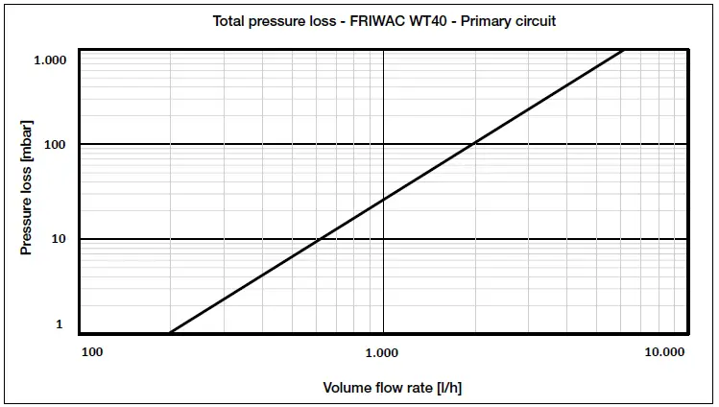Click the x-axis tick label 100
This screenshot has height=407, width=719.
92,352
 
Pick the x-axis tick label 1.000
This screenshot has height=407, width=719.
381,352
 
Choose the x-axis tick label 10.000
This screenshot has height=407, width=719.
664,352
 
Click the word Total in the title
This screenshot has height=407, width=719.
228,21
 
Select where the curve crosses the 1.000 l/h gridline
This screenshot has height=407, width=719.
383,200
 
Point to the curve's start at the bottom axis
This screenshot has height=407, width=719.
171,333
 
